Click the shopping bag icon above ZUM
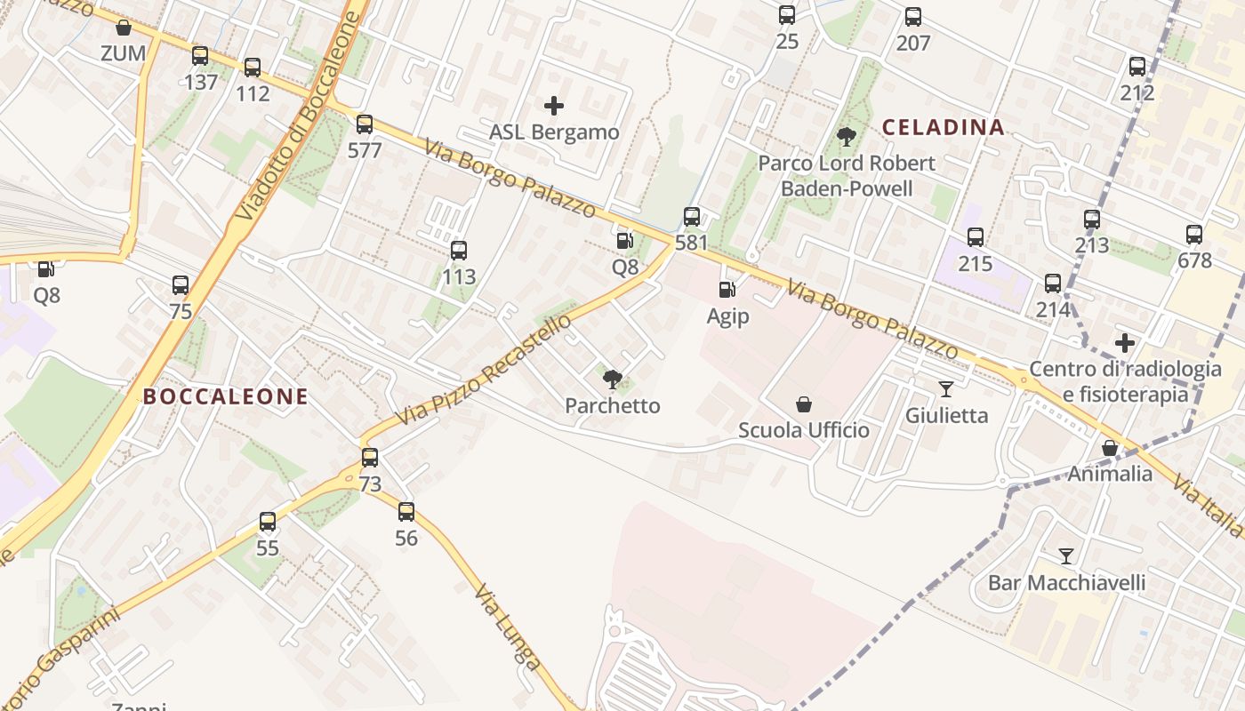124,28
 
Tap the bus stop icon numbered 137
200,56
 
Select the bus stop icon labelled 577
365,124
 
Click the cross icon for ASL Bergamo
554,107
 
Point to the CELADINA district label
943,127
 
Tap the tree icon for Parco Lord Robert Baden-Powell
847,137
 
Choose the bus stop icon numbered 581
692,217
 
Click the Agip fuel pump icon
727,290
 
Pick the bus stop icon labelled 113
459,251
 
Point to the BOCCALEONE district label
226,397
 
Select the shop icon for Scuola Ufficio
804,404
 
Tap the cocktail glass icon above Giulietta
946,389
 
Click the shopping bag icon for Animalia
1110,448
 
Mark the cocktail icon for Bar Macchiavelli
1066,556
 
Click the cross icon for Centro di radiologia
1125,343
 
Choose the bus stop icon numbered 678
1194,235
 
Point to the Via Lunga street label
507,626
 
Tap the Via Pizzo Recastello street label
482,370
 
